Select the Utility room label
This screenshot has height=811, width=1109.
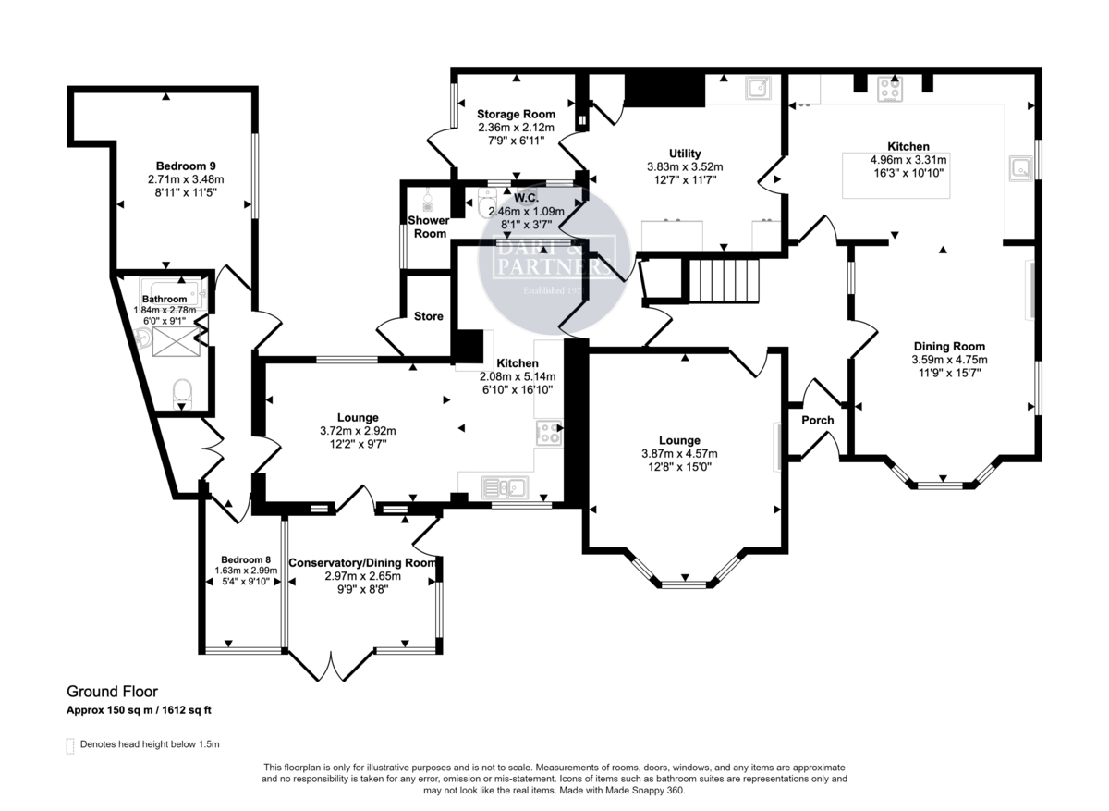[x=685, y=154]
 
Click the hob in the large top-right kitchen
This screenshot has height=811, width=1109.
[x=890, y=88]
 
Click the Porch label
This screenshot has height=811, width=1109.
[x=817, y=420]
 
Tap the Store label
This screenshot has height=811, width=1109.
[x=428, y=316]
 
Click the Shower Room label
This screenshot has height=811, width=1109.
[x=429, y=227]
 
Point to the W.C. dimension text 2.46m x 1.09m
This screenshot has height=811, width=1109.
[x=526, y=211]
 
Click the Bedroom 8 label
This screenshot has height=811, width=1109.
[x=245, y=559]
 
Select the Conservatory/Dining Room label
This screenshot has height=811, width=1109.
[x=361, y=562]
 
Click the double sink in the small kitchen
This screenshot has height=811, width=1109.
[x=504, y=485]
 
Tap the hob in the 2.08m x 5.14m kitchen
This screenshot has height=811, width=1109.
[x=548, y=430]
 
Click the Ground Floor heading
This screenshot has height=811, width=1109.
[x=112, y=691]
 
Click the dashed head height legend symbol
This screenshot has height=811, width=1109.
[x=70, y=745]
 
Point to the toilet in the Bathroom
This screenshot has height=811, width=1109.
[x=182, y=390]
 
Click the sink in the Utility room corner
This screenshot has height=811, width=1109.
[x=758, y=88]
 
